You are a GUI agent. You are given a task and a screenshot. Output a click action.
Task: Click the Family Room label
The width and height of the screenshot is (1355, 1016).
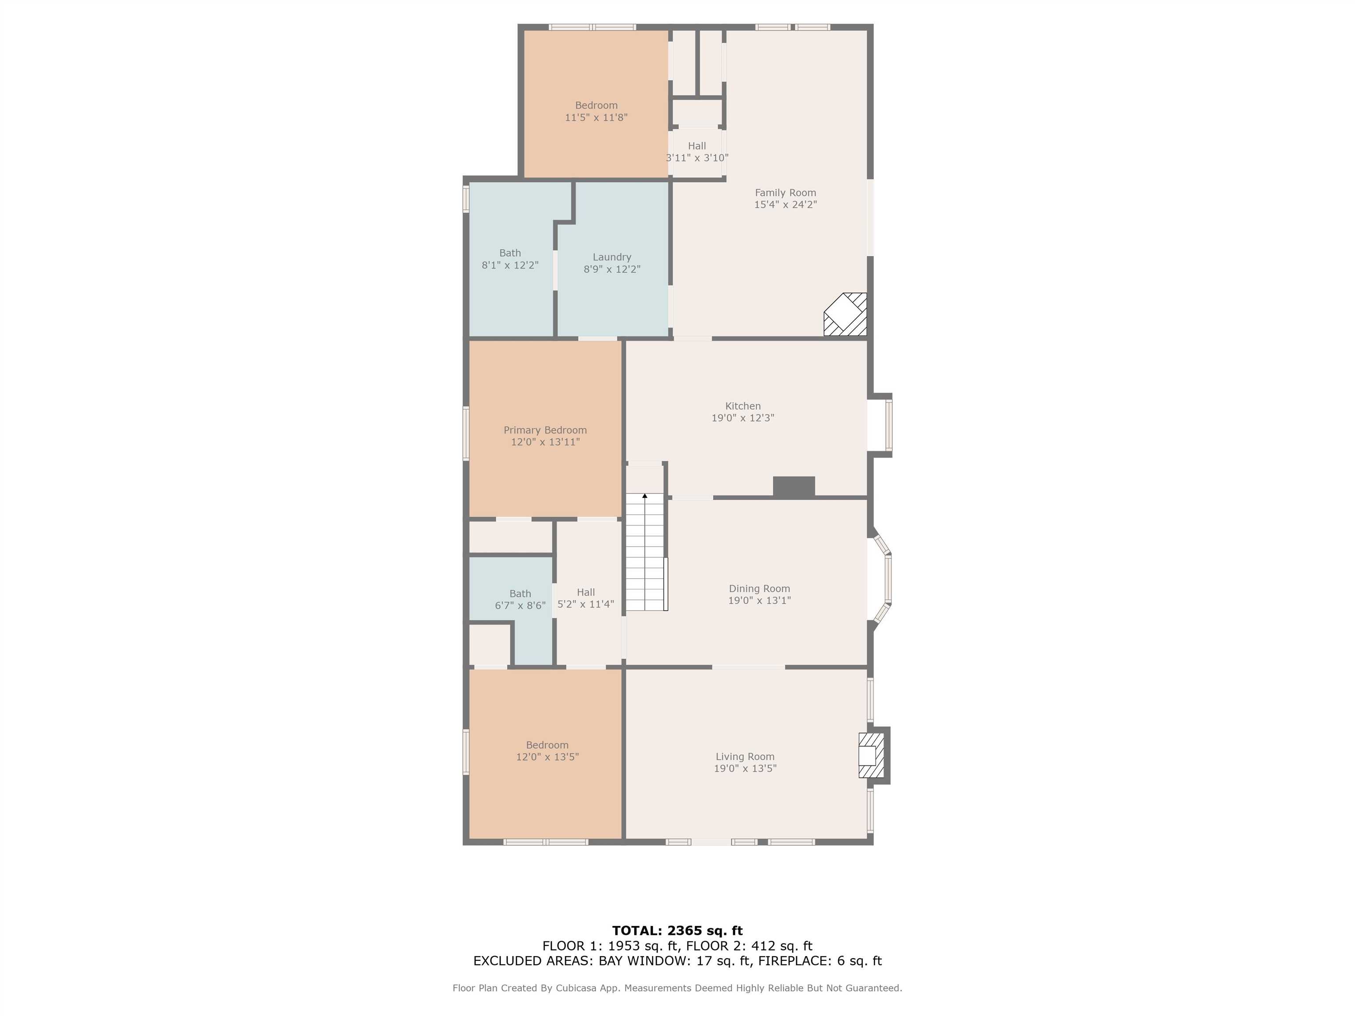(785, 193)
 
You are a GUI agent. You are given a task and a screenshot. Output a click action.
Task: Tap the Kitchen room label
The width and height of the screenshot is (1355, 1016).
(743, 406)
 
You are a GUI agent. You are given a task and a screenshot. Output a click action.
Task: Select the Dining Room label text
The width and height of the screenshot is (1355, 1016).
(760, 589)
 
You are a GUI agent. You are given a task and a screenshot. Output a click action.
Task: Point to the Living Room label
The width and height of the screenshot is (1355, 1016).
(745, 757)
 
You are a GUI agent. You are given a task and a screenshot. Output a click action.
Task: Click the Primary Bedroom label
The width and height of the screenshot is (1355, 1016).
(545, 430)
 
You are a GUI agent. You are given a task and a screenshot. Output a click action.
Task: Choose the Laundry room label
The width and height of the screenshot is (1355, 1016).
(612, 257)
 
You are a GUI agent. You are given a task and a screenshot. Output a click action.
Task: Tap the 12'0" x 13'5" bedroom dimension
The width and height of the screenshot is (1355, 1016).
(547, 757)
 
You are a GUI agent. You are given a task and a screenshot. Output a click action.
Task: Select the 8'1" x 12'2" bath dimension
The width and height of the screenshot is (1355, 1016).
(510, 265)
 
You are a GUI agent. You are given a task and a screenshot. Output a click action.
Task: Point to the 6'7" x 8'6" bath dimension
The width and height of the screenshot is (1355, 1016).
(520, 606)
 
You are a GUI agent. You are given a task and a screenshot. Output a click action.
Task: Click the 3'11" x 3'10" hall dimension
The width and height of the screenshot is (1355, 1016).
(697, 158)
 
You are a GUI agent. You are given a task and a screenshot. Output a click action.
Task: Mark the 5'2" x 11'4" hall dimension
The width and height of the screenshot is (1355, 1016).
(586, 605)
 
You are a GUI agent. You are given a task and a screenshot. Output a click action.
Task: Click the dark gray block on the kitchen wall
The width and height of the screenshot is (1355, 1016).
(794, 486)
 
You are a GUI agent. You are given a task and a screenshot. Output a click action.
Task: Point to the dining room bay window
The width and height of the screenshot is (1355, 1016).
(881, 579)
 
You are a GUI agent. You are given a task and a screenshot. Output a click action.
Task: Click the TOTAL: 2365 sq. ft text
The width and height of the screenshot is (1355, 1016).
(677, 931)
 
